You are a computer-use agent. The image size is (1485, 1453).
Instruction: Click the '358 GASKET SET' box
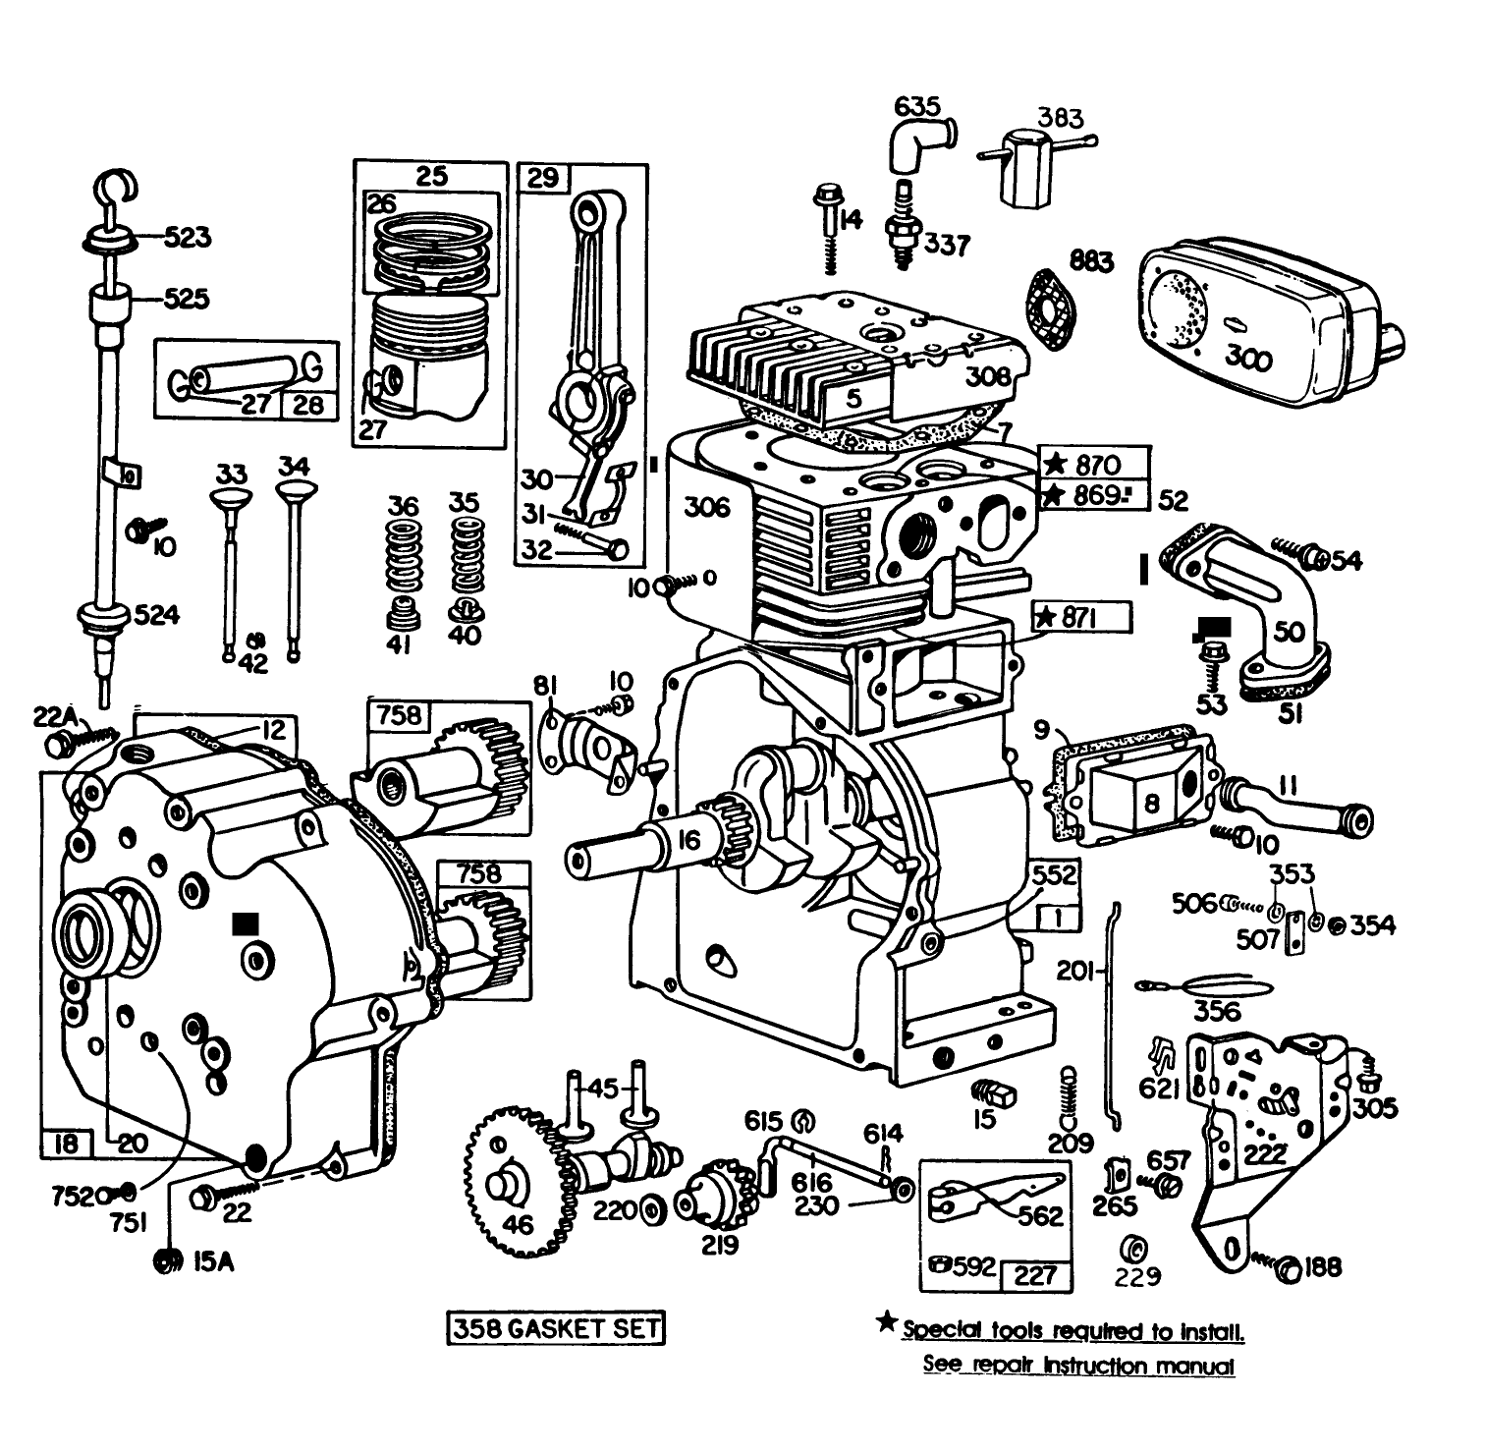555,1328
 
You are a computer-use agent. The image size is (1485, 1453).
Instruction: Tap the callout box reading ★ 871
1080,617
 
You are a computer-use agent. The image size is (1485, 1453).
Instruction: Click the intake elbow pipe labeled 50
1267,609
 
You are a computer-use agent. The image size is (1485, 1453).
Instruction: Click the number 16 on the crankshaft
689,840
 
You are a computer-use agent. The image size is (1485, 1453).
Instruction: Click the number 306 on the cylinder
707,507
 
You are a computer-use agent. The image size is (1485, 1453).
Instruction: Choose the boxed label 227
1035,1275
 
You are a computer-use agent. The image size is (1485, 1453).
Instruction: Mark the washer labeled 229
1131,1250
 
